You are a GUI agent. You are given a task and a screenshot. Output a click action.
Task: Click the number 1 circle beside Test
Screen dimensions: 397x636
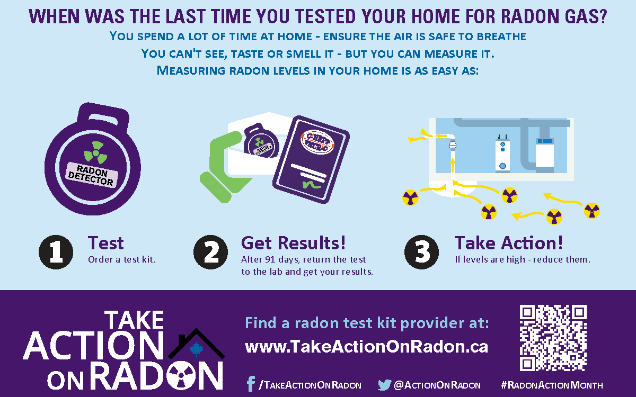(x=56, y=251)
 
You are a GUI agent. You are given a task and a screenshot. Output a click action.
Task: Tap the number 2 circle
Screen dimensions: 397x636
(x=210, y=251)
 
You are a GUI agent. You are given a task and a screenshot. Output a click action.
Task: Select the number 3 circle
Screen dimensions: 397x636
(x=422, y=251)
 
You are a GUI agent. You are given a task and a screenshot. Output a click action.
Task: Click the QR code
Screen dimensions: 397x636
(x=553, y=338)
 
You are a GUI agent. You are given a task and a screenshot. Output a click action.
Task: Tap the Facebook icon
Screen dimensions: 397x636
(x=251, y=384)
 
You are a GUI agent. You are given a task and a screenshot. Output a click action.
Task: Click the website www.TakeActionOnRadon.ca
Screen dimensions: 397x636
(x=366, y=347)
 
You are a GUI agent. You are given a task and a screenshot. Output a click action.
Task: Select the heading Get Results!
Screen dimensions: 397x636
(x=293, y=243)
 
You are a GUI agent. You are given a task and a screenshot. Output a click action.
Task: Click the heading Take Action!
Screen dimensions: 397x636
(x=508, y=243)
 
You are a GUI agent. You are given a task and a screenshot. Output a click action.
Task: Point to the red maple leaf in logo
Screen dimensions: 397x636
(x=197, y=349)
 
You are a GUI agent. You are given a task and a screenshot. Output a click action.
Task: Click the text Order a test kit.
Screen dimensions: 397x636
(x=121, y=260)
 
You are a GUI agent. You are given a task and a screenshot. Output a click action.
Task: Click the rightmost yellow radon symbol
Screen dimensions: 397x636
(x=591, y=211)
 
